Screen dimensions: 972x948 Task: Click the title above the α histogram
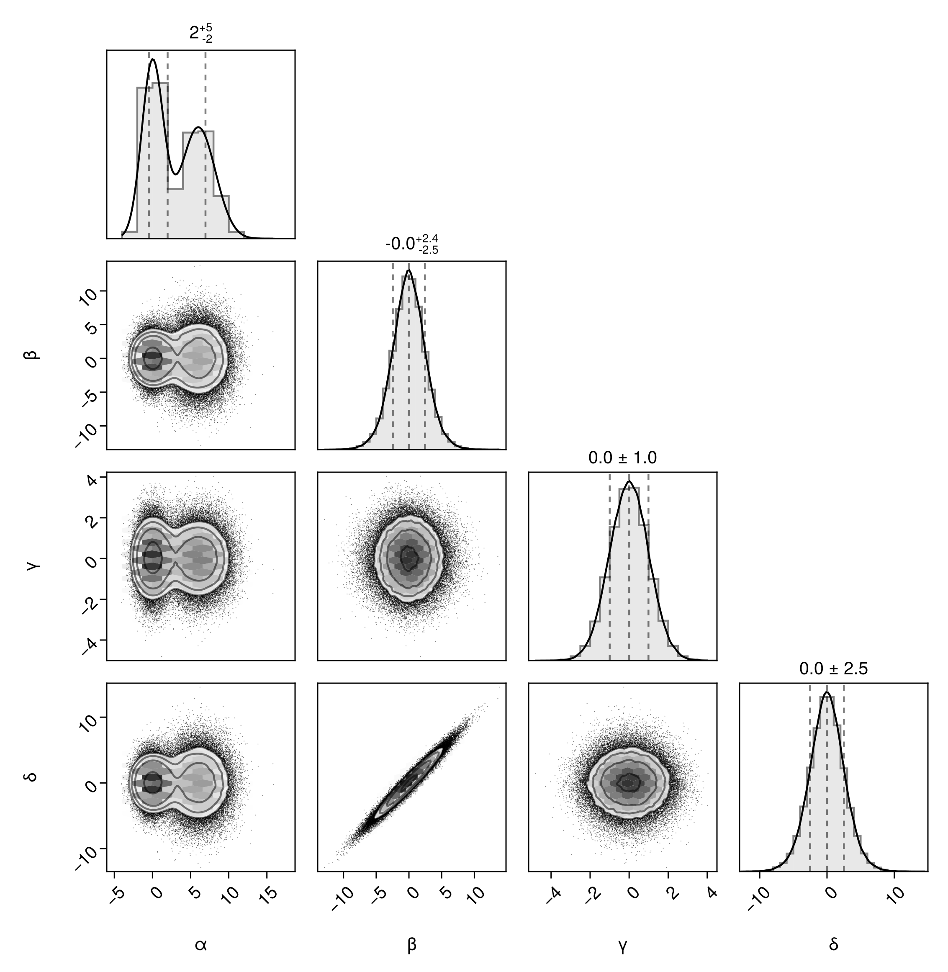[x=201, y=34]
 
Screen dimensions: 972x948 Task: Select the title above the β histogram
[x=411, y=244]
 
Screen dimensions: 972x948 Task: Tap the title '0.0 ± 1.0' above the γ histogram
[x=622, y=458]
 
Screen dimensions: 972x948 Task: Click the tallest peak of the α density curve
[x=152, y=59]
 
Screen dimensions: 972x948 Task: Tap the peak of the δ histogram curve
[x=827, y=692]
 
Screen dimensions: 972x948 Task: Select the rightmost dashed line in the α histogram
[x=206, y=144]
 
